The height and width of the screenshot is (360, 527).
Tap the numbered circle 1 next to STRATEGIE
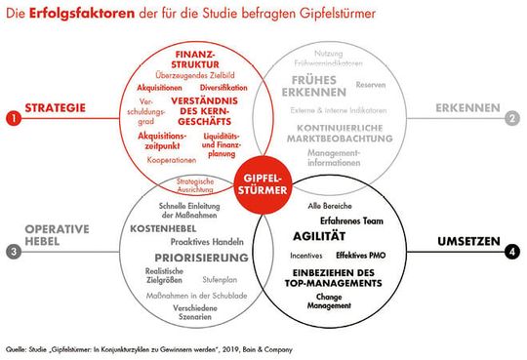12,119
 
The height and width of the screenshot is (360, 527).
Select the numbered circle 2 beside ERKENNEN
510,119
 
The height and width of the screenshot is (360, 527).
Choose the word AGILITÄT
321,236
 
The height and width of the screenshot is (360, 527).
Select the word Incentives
307,255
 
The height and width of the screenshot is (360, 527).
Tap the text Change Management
330,300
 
